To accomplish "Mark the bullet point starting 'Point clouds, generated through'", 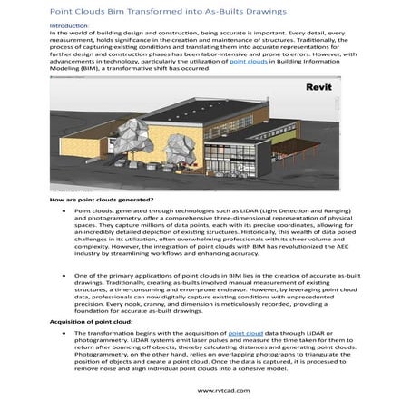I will [63, 210].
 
